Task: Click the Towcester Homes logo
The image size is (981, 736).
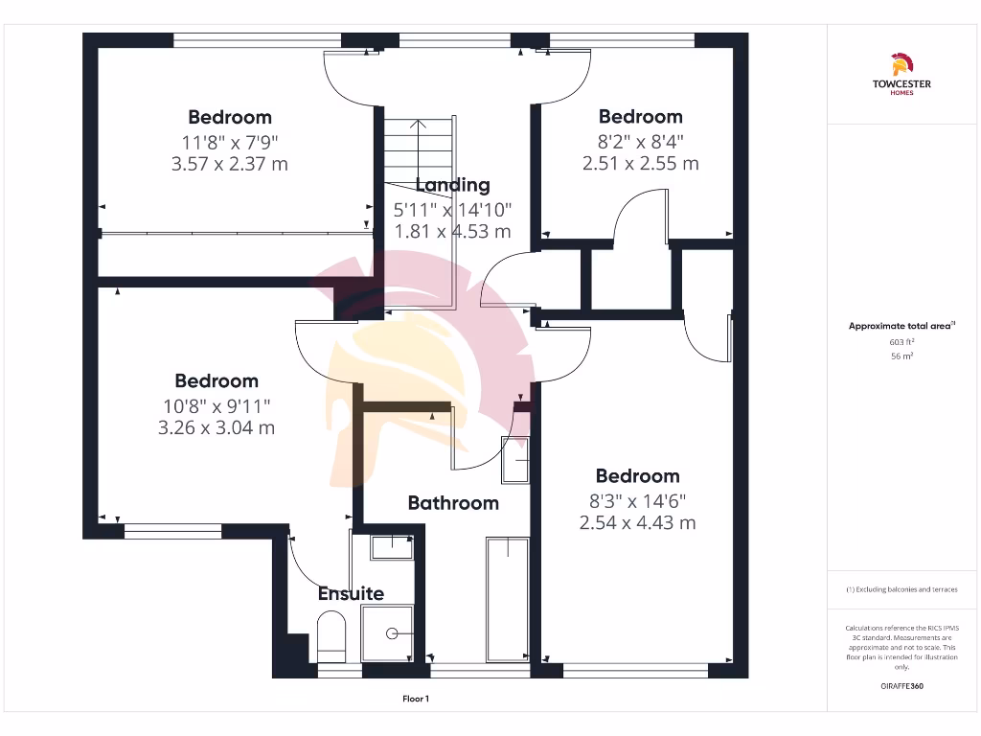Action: point(901,75)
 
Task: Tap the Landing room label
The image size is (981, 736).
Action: point(452,185)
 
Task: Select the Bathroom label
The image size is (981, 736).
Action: point(453,502)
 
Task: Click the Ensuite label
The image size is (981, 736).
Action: point(351,593)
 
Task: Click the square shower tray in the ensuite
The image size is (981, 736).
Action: point(387,632)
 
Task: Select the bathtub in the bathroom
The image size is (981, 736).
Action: point(507,599)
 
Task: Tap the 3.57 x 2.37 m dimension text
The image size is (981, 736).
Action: point(229,164)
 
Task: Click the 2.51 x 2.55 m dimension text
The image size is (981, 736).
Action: point(640,163)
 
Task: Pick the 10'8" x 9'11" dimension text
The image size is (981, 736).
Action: point(217,404)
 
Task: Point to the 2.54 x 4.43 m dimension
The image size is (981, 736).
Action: point(637,522)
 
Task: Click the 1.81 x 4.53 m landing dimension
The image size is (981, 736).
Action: point(452,231)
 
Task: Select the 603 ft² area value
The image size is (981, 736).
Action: point(901,341)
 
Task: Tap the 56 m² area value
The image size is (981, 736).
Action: point(901,356)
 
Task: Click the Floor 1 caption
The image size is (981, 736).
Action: point(416,699)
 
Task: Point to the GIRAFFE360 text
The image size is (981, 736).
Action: point(901,686)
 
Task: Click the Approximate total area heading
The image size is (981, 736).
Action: point(901,326)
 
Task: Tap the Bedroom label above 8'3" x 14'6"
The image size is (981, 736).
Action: point(637,476)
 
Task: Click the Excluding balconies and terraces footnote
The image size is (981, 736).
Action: point(901,589)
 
